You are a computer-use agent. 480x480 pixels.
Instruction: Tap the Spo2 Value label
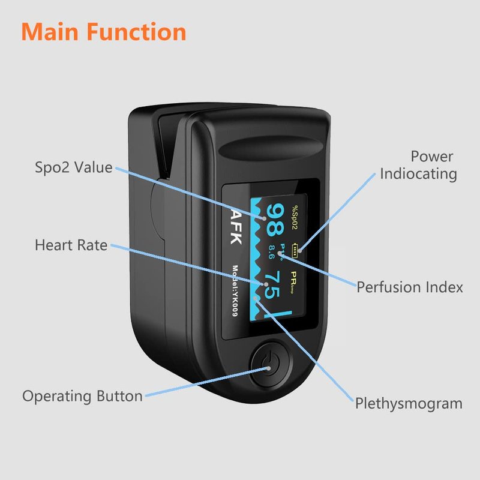74,167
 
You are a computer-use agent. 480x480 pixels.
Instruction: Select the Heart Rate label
71,245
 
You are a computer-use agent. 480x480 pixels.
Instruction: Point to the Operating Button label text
83,396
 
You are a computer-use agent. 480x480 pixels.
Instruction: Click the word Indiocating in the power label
418,174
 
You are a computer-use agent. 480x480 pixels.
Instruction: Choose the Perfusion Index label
410,287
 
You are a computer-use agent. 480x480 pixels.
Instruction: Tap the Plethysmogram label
409,403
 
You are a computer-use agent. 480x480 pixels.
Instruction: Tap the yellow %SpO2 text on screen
295,216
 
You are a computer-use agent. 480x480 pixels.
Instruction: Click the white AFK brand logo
234,224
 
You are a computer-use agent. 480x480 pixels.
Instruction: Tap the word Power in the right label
432,157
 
